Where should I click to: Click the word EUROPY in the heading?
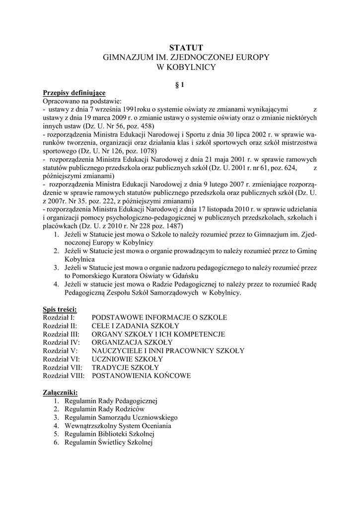250,58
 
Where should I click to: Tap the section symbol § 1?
180,85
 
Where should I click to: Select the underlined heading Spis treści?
60,309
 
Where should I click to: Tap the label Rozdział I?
59,317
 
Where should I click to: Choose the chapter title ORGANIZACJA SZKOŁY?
132,342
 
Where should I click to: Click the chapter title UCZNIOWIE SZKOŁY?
127,359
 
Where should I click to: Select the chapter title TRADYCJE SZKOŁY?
125,367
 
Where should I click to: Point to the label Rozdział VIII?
64,376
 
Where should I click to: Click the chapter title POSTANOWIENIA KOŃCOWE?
141,376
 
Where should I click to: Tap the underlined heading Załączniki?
60,392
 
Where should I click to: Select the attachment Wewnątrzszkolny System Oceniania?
118,426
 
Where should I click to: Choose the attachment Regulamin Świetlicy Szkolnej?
109,442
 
